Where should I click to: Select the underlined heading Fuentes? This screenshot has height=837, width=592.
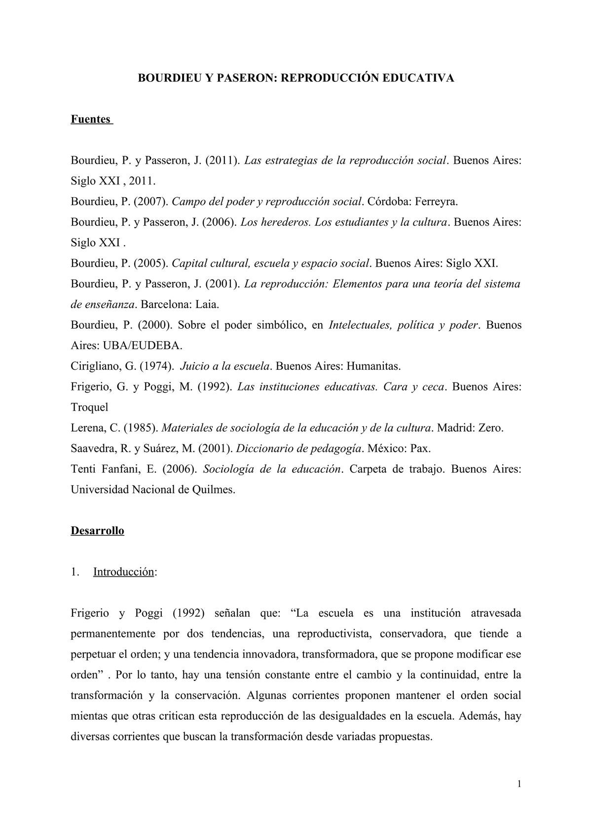point(91,119)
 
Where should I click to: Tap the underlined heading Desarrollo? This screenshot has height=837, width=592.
point(97,531)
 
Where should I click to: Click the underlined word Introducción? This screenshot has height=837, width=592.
point(123,572)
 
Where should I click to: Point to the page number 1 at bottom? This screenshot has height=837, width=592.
point(519,784)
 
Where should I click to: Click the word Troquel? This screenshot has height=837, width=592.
point(89,407)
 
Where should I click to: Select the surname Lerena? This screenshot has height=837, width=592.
point(87,428)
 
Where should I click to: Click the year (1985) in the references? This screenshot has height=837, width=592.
point(141,428)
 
